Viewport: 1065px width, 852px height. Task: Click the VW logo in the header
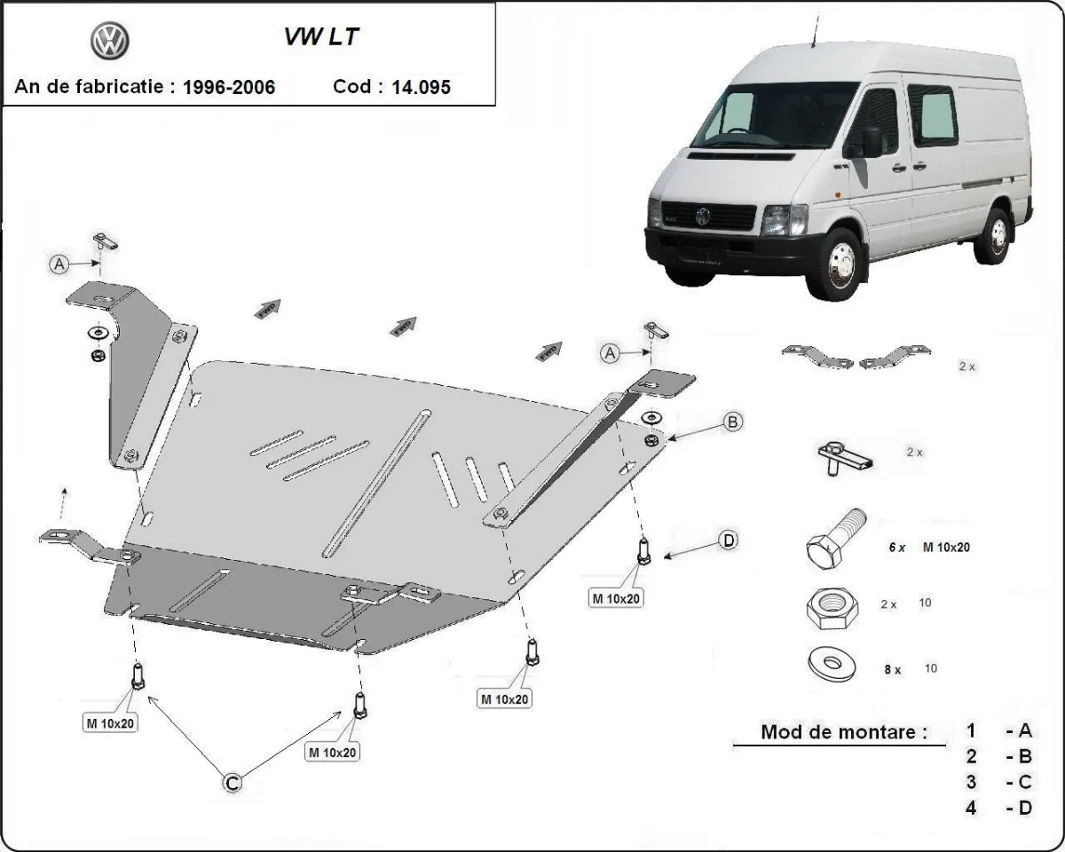click(110, 41)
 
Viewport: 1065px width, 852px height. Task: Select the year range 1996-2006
click(229, 87)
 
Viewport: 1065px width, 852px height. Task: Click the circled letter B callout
click(733, 422)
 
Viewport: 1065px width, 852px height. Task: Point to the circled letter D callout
click(728, 540)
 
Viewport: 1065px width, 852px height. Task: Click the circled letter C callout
click(231, 782)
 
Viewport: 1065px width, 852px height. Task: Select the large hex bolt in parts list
click(835, 539)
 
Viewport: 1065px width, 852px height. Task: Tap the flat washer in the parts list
click(831, 664)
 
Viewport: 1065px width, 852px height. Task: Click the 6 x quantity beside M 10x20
click(897, 548)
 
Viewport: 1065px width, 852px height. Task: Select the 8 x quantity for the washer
click(892, 670)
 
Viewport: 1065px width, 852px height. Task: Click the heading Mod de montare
click(843, 732)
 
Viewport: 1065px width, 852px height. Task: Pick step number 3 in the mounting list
click(972, 782)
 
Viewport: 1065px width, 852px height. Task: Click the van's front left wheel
click(835, 264)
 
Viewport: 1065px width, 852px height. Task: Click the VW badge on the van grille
click(704, 216)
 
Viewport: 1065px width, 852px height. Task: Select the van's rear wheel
click(996, 235)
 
